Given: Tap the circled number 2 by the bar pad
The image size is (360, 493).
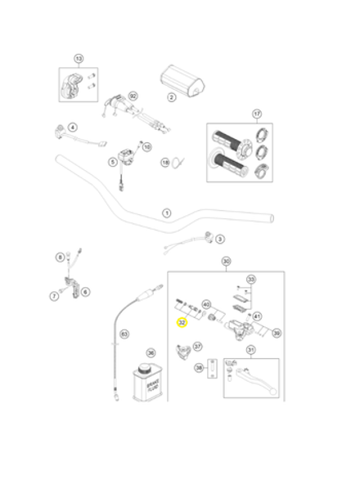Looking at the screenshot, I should pos(172,97).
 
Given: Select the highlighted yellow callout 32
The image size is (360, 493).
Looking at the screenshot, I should pos(182,323).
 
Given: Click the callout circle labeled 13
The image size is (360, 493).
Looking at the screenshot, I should pos(79,59).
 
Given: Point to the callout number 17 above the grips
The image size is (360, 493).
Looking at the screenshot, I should pos(256,114).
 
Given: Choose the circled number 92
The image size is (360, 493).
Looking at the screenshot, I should pos(133,96).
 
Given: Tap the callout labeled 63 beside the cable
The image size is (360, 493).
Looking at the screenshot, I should pos(124,334).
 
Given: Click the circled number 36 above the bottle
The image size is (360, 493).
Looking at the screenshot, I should pos(151,352).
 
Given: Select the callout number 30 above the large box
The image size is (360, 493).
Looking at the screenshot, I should pos(227,262).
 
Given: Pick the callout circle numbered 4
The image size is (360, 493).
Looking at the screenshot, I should pos(73,128).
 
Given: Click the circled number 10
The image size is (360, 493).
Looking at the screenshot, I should pos(147,147).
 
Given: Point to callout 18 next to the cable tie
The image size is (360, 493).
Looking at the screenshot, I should pos(164,163).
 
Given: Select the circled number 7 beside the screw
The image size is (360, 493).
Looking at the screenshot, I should pos(55,294).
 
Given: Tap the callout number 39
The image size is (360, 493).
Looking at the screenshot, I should pos(277,334).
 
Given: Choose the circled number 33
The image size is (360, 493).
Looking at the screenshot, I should pos(251,280).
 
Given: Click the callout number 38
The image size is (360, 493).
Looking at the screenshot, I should pos(199,368).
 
